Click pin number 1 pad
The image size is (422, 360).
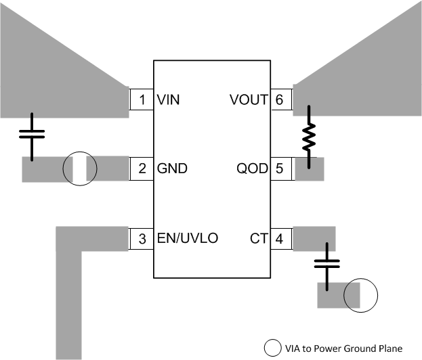142,100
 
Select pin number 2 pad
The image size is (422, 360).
142,168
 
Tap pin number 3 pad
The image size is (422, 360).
142,238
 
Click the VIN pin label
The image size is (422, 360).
168,100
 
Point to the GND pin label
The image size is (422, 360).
172,168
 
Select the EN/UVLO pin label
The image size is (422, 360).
187,238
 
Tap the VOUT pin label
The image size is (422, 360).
249,100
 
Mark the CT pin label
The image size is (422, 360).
259,238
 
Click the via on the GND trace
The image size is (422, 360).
80,169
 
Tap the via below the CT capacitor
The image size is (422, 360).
360,296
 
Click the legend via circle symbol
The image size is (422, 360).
273,348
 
